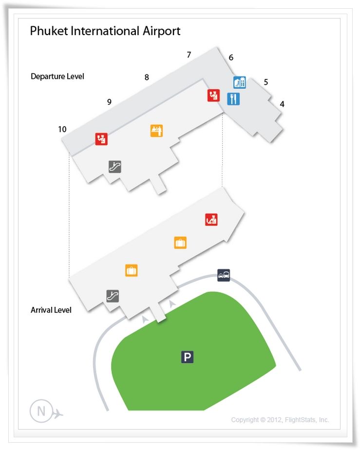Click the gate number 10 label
pyautogui.click(x=62, y=129)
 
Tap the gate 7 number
pyautogui.click(x=189, y=55)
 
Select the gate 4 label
pyautogui.click(x=282, y=104)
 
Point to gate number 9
pyautogui.click(x=109, y=102)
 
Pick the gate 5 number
pyautogui.click(x=266, y=82)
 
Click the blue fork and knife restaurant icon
pyautogui.click(x=233, y=99)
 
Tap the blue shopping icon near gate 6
pyautogui.click(x=240, y=82)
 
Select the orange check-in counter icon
pyautogui.click(x=156, y=131)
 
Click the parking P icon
pyautogui.click(x=187, y=357)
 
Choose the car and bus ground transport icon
pyautogui.click(x=224, y=275)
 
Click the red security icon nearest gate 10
pyautogui.click(x=101, y=139)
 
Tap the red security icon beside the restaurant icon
pyautogui.click(x=213, y=95)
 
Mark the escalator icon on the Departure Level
pyautogui.click(x=115, y=167)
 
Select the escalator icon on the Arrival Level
pyautogui.click(x=113, y=296)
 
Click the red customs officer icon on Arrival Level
pyautogui.click(x=211, y=220)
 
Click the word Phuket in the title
pyautogui.click(x=49, y=31)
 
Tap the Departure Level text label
pyautogui.click(x=57, y=76)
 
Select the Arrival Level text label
pyautogui.click(x=51, y=310)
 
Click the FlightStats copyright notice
pyautogui.click(x=280, y=420)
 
